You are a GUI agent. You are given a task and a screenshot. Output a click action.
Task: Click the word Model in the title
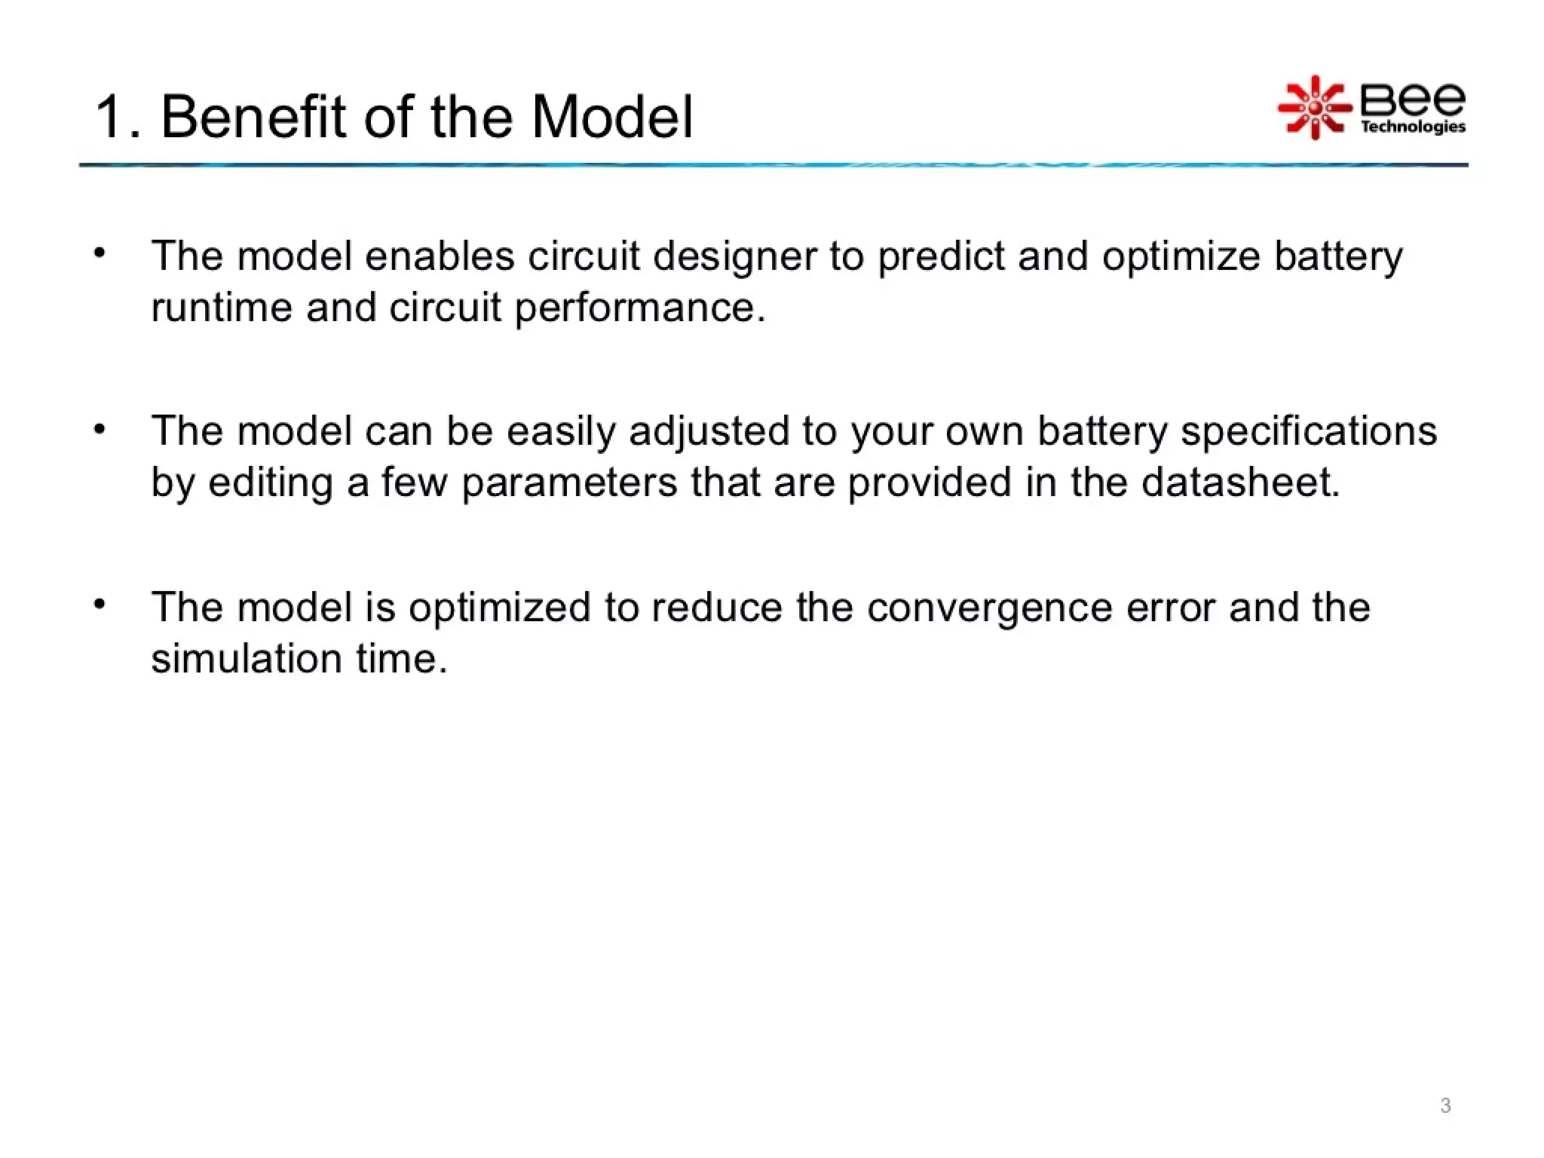611,118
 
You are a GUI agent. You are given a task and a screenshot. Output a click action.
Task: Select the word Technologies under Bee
1412,127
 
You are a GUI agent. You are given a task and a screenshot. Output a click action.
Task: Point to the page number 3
1444,1105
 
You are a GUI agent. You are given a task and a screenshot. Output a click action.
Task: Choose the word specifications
1308,432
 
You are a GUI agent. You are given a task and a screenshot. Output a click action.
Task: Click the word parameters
569,482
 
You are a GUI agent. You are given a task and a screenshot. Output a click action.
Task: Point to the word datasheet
1240,482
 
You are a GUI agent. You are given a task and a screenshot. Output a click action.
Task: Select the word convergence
989,608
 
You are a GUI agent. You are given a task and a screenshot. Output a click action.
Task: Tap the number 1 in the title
109,118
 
